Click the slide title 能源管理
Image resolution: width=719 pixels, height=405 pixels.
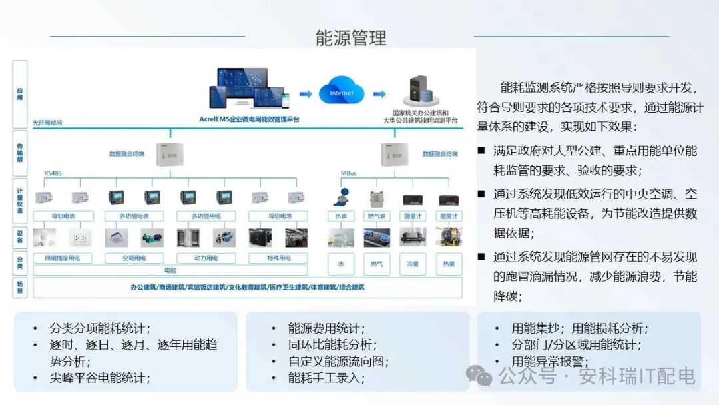(351, 37)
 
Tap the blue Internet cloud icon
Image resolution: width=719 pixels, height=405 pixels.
(342, 93)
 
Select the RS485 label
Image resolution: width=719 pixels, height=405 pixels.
(53, 173)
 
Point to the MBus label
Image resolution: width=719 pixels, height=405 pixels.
(348, 173)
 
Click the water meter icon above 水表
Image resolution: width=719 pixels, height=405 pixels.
(340, 198)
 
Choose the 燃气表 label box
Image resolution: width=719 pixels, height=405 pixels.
(376, 216)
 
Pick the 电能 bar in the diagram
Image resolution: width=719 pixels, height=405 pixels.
(170, 270)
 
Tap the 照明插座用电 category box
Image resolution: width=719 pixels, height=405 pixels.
(62, 258)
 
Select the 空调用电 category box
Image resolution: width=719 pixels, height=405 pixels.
(134, 258)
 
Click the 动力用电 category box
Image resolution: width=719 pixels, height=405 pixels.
(206, 258)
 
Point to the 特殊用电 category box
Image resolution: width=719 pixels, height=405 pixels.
(278, 258)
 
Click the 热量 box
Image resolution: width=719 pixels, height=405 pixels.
(448, 264)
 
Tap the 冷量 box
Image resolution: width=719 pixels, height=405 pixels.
(412, 264)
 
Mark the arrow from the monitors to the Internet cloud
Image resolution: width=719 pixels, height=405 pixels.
(306, 94)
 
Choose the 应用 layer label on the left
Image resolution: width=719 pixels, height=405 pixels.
(20, 94)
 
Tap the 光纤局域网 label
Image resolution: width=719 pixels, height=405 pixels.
(47, 123)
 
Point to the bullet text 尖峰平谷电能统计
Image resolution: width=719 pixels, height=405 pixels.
(100, 378)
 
